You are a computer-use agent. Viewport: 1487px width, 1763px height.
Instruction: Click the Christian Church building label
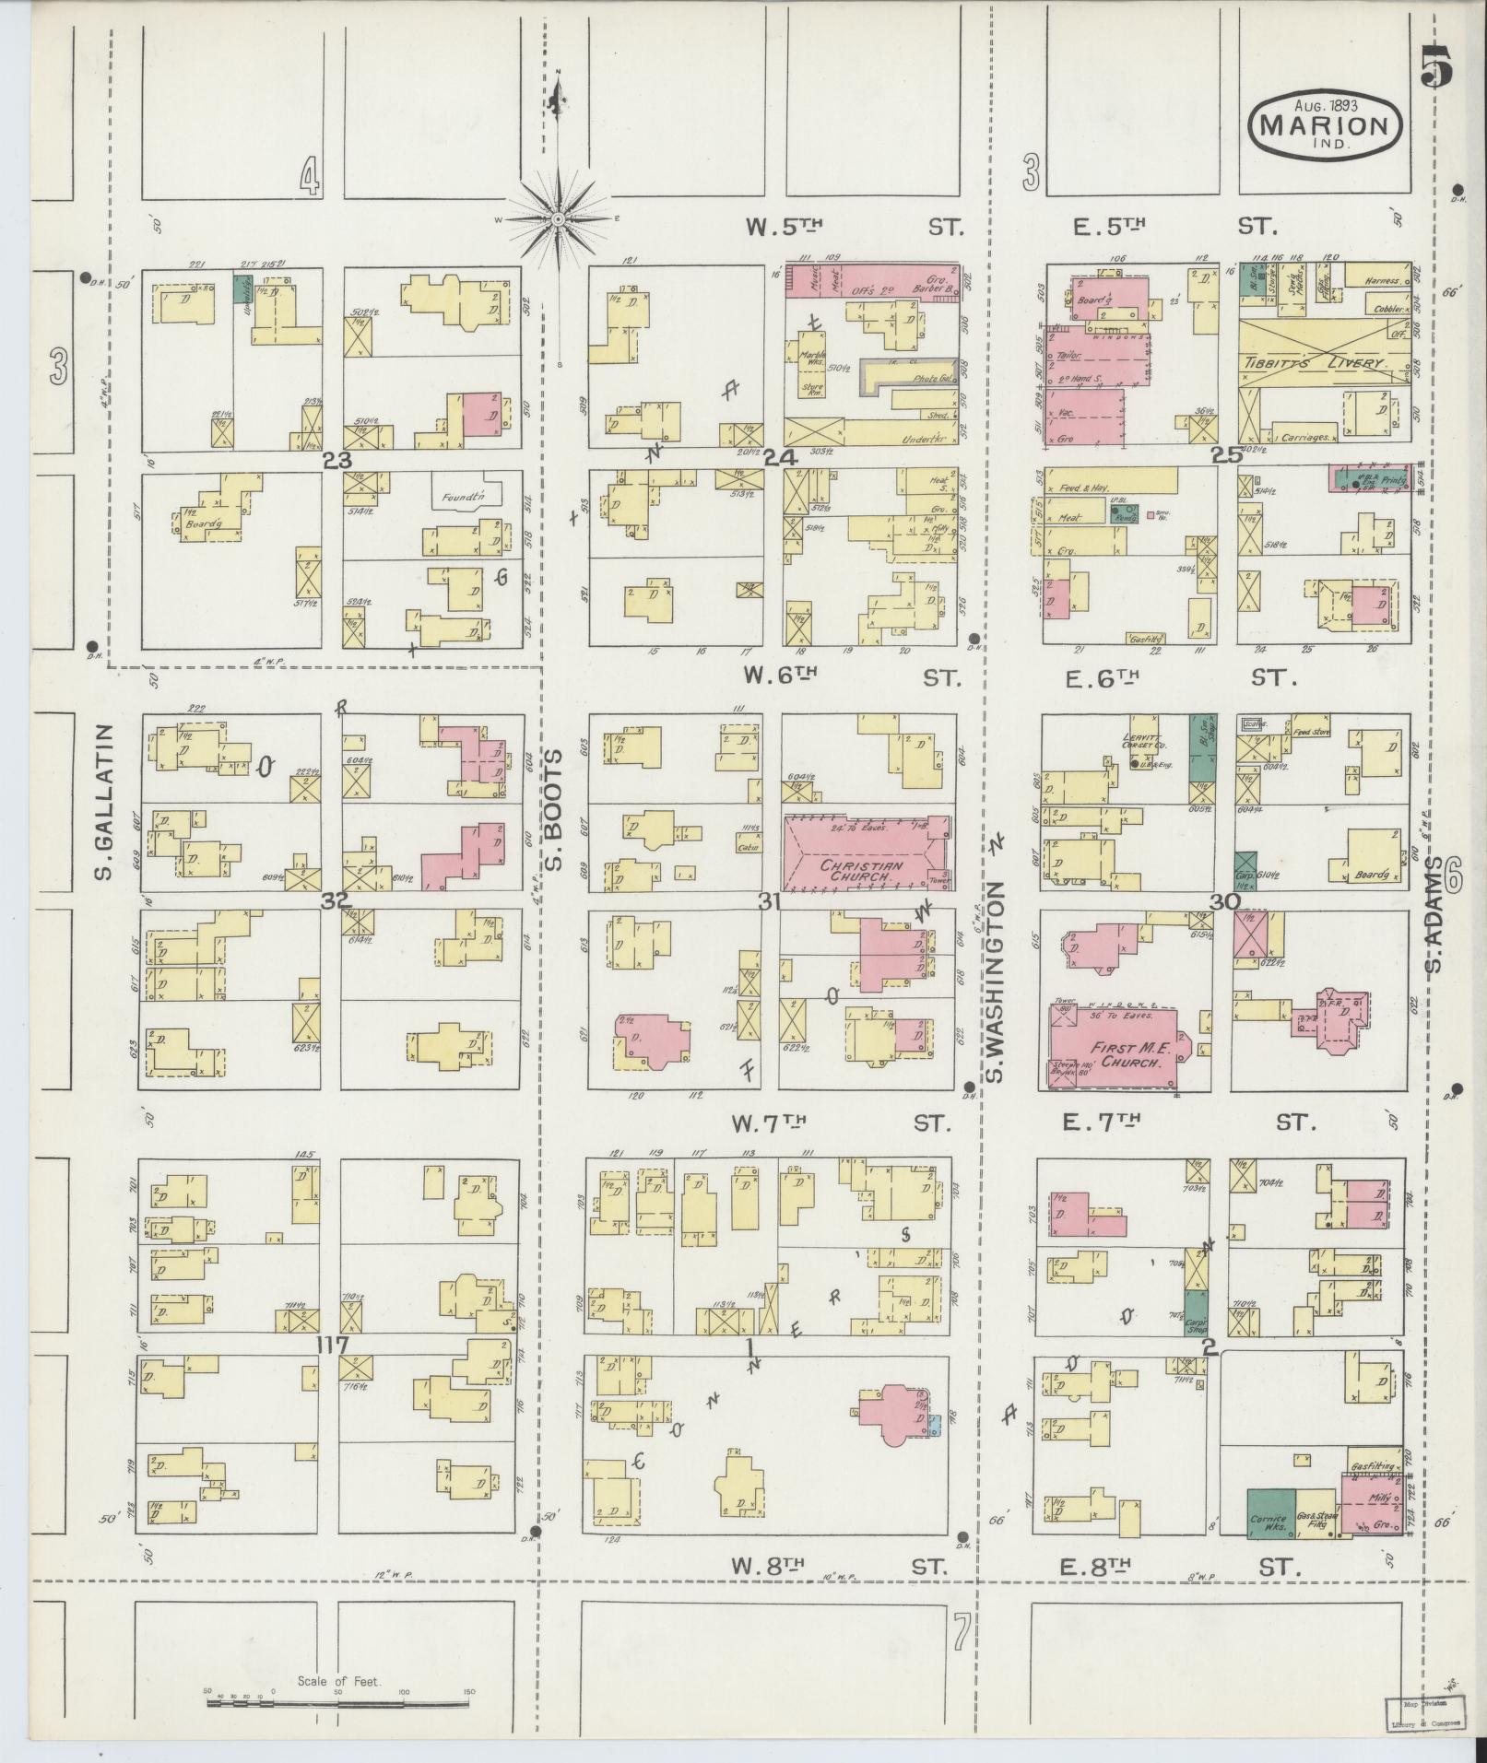click(x=859, y=871)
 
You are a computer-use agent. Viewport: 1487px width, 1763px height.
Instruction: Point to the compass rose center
click(x=559, y=219)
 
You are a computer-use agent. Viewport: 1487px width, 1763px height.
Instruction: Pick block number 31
click(x=771, y=902)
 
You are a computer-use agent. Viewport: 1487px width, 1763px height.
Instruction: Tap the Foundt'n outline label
click(x=465, y=496)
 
